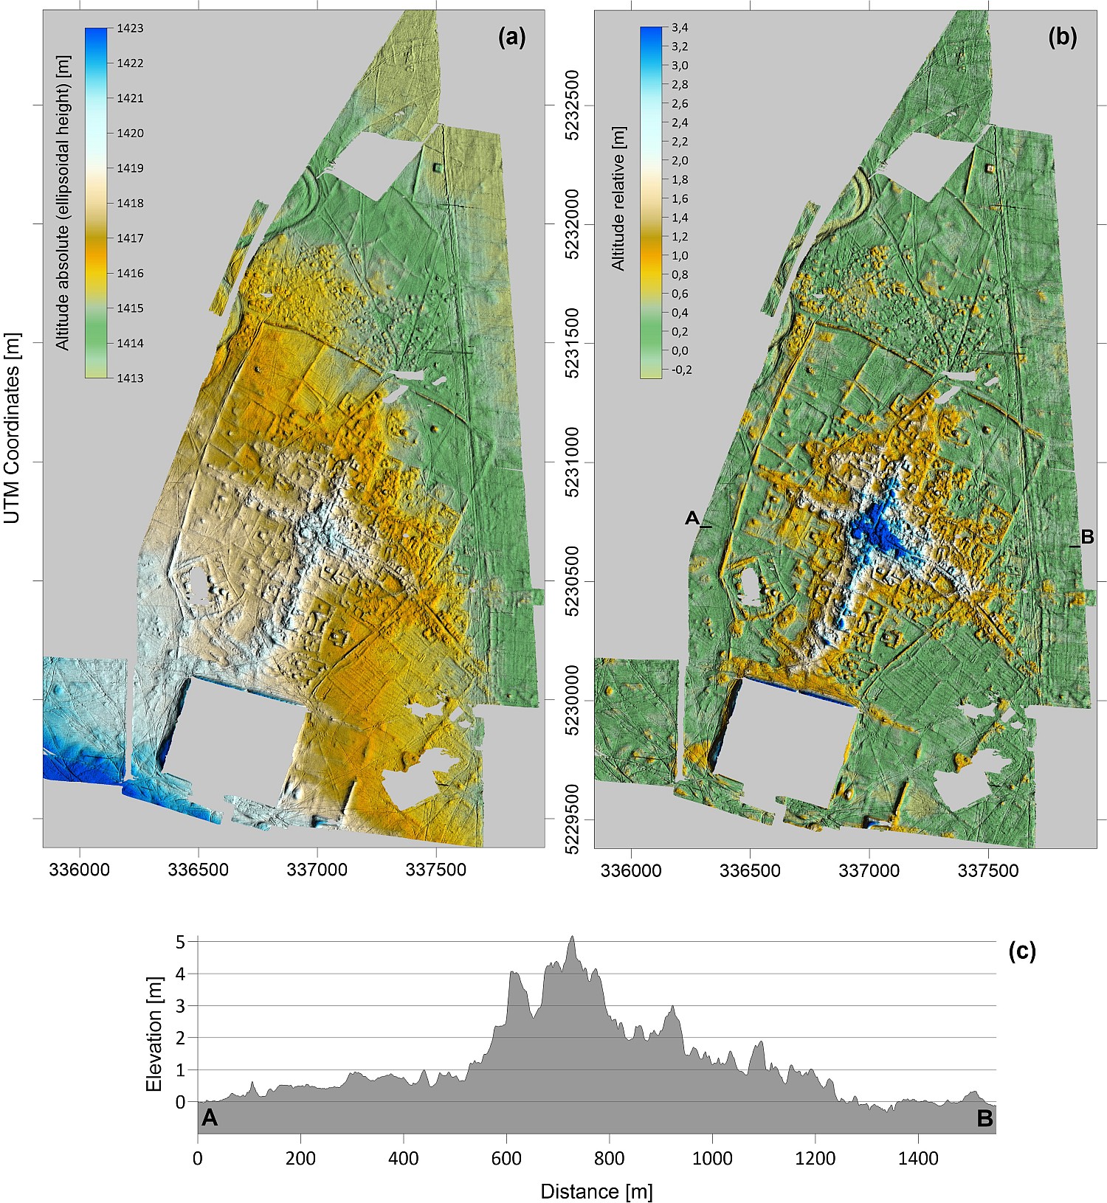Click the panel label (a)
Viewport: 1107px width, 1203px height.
pos(511,38)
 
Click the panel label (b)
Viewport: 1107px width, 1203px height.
pos(1062,38)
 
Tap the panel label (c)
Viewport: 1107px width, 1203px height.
pos(1021,951)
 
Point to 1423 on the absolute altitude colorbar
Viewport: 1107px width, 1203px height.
pos(130,29)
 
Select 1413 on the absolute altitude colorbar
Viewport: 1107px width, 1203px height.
pos(130,378)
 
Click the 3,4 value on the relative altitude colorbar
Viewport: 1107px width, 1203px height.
pos(679,28)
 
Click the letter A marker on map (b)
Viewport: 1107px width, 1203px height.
pos(692,519)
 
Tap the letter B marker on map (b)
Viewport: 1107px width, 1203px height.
pos(1086,538)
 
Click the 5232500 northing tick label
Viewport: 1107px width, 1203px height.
pos(571,105)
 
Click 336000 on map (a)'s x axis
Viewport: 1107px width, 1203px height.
pos(79,870)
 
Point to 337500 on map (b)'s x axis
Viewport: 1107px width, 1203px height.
pos(987,870)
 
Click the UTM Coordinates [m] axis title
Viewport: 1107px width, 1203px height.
pos(12,428)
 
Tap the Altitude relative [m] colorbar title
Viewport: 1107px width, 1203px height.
pos(618,198)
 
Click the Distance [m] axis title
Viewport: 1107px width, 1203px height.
pos(596,1191)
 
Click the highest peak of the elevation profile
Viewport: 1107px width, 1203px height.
pos(571,937)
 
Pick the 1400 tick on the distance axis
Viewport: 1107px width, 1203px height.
pos(918,1159)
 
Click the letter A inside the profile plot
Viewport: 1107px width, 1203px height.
pos(210,1118)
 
